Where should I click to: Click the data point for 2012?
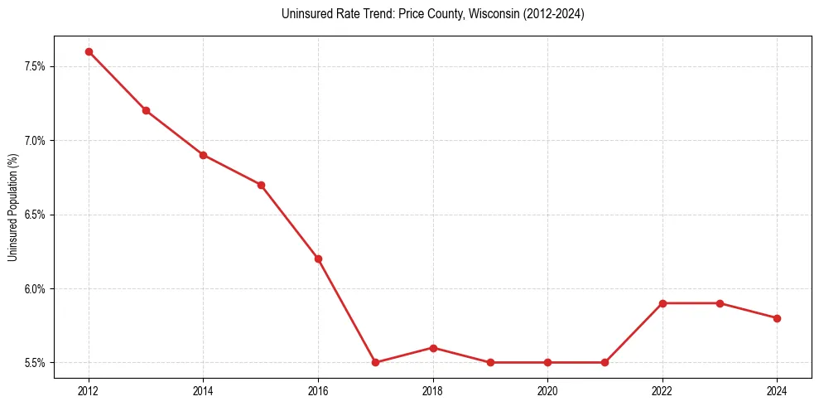click(x=89, y=51)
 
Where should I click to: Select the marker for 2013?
click(x=146, y=110)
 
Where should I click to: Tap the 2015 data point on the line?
click(x=261, y=185)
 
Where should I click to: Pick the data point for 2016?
click(x=318, y=259)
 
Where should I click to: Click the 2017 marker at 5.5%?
click(x=375, y=362)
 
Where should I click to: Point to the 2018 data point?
click(x=433, y=348)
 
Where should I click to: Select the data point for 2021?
click(x=605, y=362)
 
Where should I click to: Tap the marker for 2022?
click(x=662, y=303)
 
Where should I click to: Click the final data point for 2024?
click(x=777, y=318)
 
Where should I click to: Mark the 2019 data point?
click(x=490, y=362)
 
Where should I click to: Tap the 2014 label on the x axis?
click(x=204, y=389)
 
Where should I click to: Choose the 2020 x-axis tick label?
click(x=547, y=389)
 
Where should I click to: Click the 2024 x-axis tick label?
click(x=777, y=389)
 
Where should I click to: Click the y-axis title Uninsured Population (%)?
click(x=12, y=206)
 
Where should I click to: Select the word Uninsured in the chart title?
click(x=304, y=14)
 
